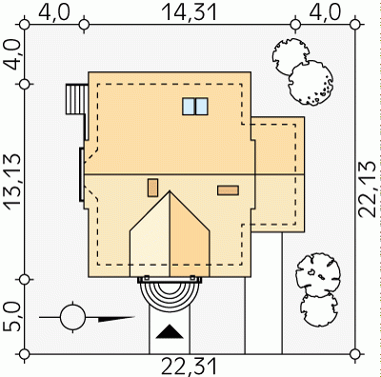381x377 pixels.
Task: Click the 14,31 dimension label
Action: pyautogui.click(x=190, y=12)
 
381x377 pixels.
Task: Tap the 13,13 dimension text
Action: pyautogui.click(x=13, y=182)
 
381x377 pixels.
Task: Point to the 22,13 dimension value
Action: pyautogui.click(x=368, y=189)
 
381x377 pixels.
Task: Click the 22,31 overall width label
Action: pyautogui.click(x=190, y=367)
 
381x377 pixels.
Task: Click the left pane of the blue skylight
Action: pyautogui.click(x=189, y=107)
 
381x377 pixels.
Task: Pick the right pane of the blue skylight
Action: pyautogui.click(x=201, y=107)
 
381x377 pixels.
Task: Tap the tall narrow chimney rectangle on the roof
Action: pyautogui.click(x=152, y=188)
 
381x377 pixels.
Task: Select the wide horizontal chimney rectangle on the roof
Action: pyautogui.click(x=228, y=190)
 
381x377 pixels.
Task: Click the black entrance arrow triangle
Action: pyautogui.click(x=170, y=332)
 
